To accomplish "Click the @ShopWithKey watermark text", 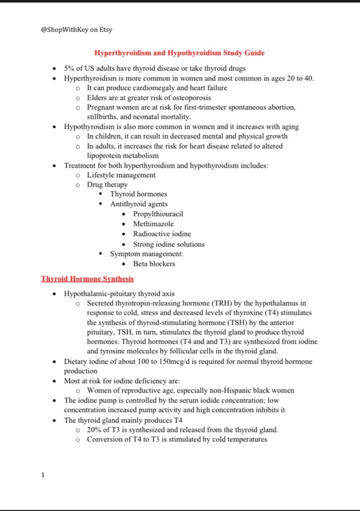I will tap(76, 30).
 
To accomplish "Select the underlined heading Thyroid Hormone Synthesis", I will tap(87, 278).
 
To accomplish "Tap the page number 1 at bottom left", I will tap(43, 475).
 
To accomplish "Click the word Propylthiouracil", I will tap(158, 214).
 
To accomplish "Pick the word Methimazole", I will tap(153, 224).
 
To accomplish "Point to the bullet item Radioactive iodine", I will tap(162, 234).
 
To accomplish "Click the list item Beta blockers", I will tap(154, 264).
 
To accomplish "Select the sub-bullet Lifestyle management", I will tap(121, 175).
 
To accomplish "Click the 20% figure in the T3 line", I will tap(94, 430).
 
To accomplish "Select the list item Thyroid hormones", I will tap(138, 194).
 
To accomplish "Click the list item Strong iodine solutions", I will tap(169, 244).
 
